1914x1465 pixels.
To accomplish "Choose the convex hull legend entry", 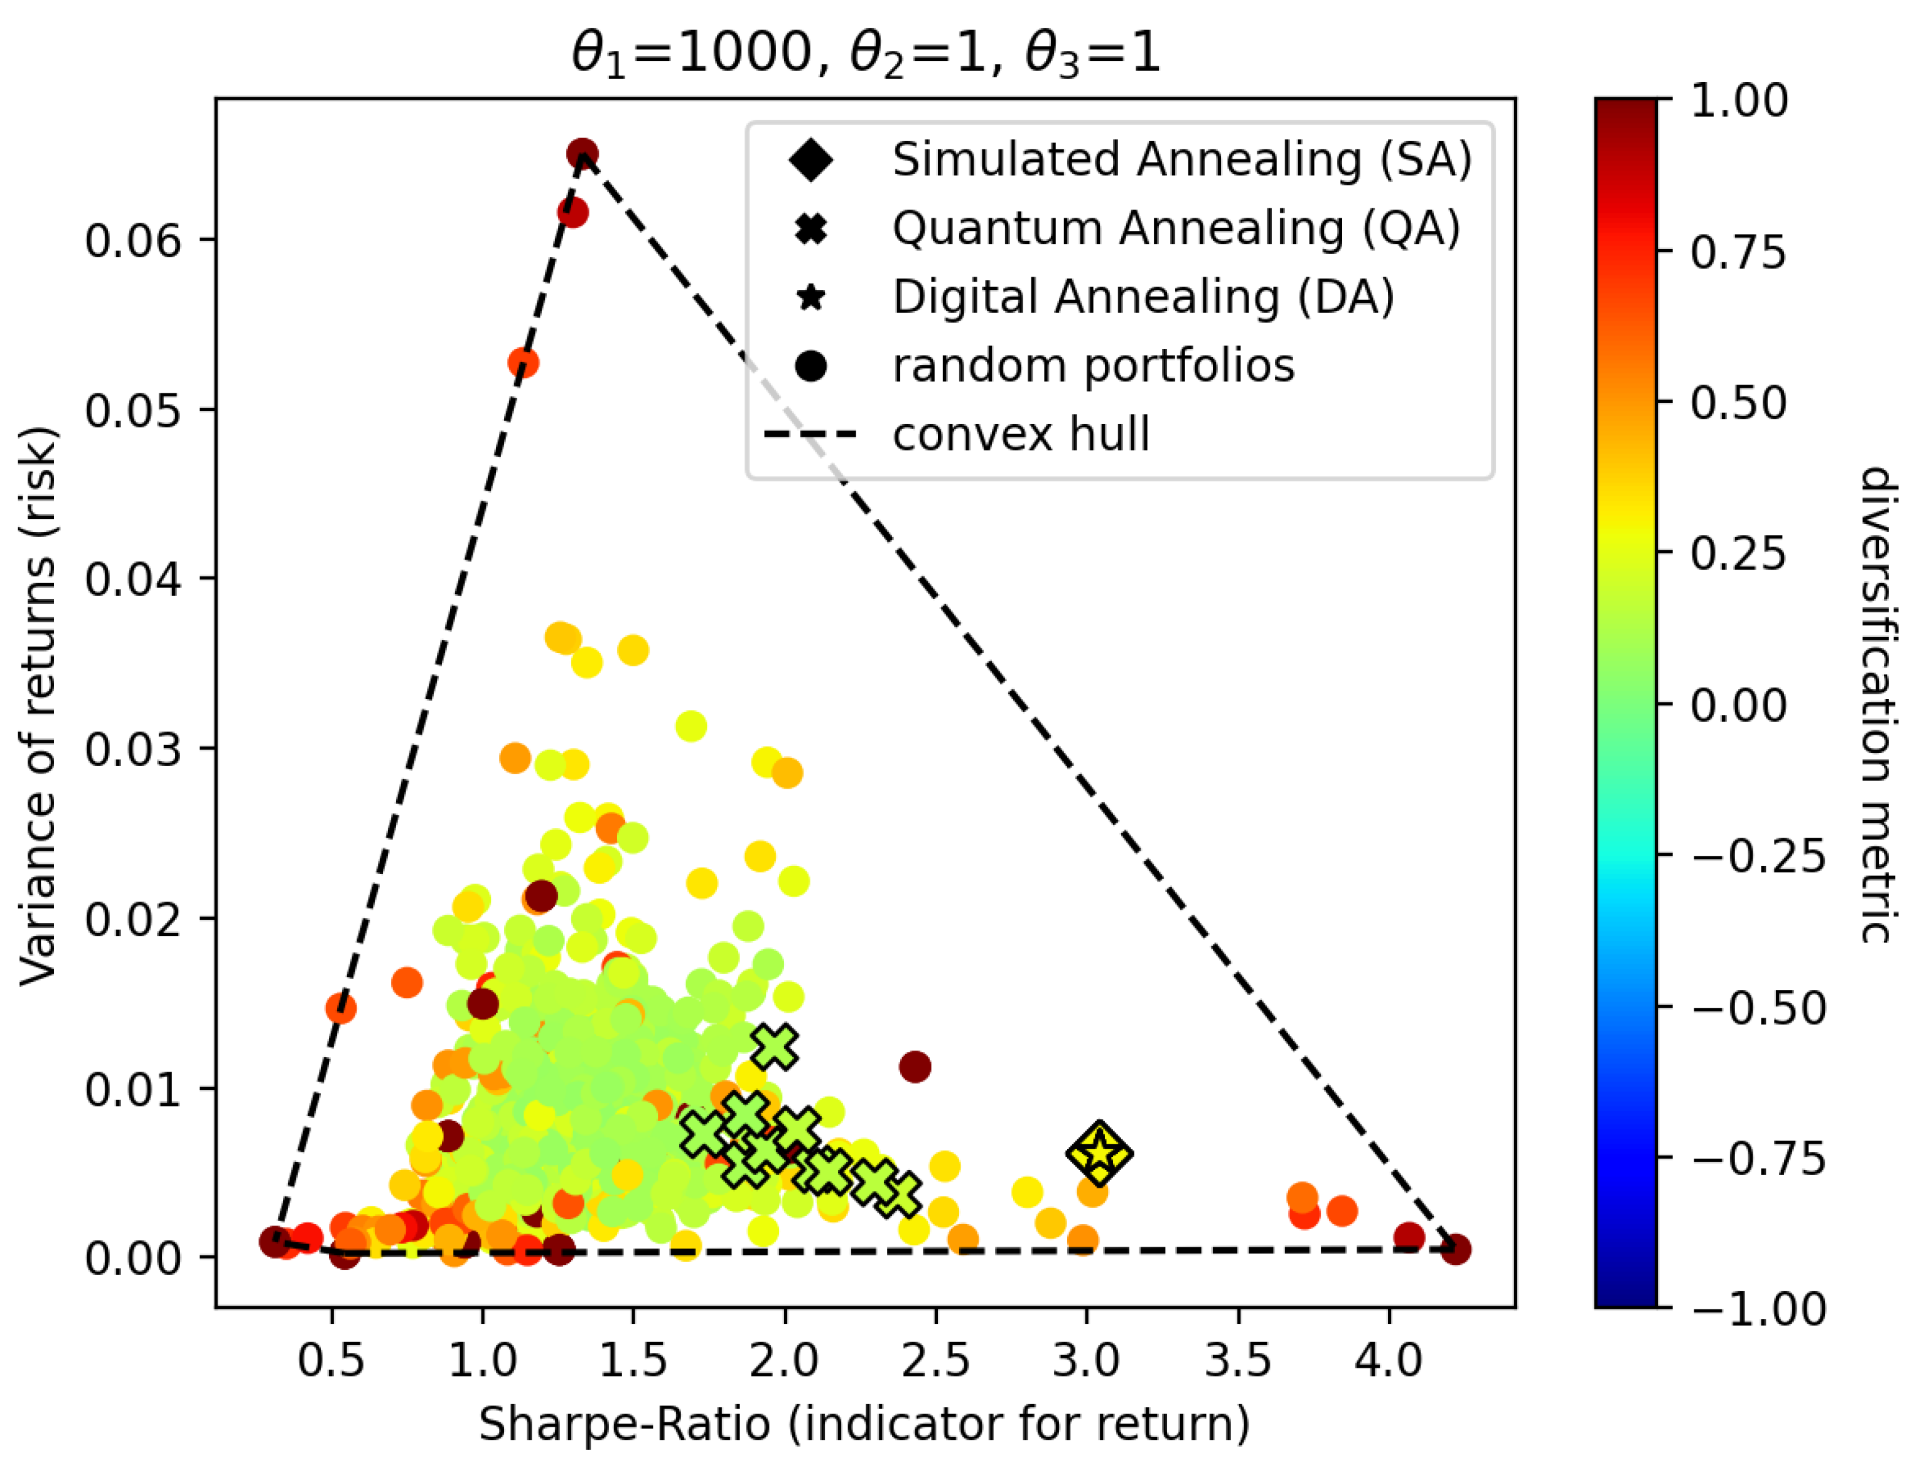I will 1020,434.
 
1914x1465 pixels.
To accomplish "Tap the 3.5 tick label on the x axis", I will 1238,1360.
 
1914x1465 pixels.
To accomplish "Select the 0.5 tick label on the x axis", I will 331,1360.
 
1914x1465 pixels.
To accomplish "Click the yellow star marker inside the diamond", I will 1099,1153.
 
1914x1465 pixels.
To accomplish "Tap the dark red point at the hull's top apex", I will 582,154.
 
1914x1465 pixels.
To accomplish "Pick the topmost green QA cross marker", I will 775,1047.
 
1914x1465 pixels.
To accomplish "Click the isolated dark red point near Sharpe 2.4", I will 914,1065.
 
